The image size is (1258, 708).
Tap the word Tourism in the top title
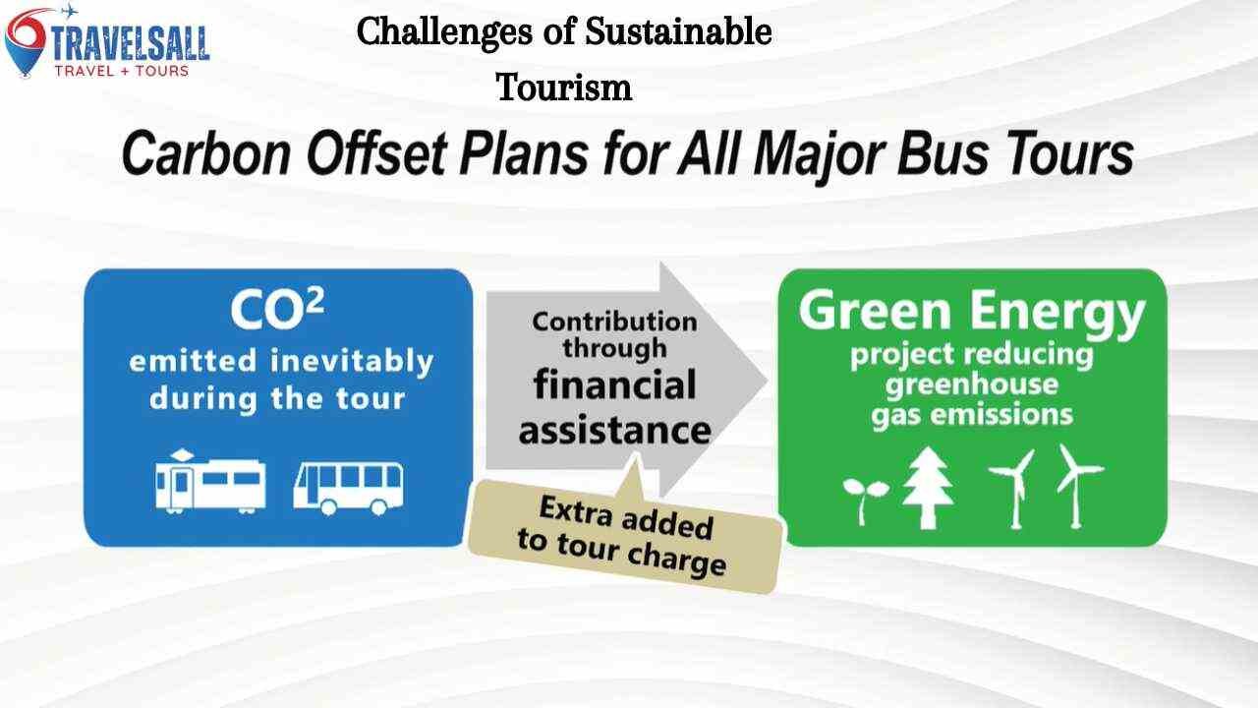click(x=563, y=88)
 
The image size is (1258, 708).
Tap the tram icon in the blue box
click(x=210, y=482)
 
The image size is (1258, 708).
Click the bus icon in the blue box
click(x=348, y=486)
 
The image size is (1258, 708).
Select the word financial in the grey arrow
click(x=614, y=384)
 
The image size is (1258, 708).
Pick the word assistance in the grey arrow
click(x=614, y=430)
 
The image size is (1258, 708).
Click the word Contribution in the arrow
click(x=614, y=322)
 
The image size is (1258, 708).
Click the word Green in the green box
click(x=876, y=312)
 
